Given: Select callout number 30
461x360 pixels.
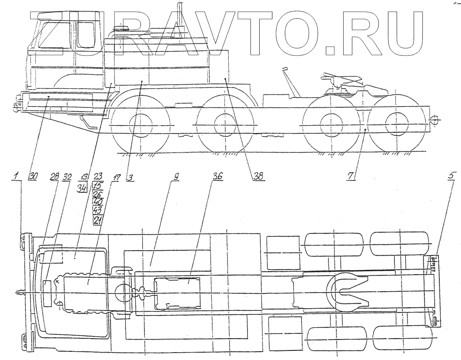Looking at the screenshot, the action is [33, 176].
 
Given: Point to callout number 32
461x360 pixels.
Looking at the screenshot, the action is [67, 177].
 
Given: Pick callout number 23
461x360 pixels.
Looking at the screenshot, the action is [98, 176].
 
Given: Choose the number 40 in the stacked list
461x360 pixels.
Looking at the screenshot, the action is [98, 202].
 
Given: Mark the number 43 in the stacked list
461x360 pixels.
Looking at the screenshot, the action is [98, 210].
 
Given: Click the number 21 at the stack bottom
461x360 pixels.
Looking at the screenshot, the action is [98, 220].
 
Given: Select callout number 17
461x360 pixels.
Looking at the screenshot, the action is [115, 177].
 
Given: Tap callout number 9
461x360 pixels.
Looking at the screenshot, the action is [176, 177].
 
